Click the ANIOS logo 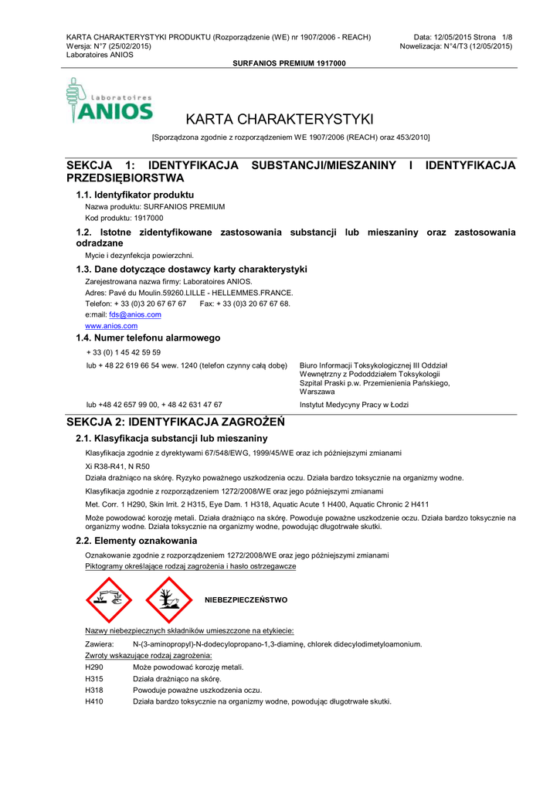[110, 101]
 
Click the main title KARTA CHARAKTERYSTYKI [280, 119]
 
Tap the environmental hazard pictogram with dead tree [168, 600]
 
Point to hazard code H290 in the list [93, 667]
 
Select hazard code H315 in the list [93, 678]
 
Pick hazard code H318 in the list [93, 690]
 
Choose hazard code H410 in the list [93, 701]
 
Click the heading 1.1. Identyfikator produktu [134, 195]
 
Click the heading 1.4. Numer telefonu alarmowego [148, 338]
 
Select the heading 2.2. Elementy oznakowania [136, 541]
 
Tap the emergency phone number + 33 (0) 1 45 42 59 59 [124, 352]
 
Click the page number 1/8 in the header [507, 37]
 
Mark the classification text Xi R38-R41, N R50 [117, 467]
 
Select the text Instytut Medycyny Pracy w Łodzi [354, 405]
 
